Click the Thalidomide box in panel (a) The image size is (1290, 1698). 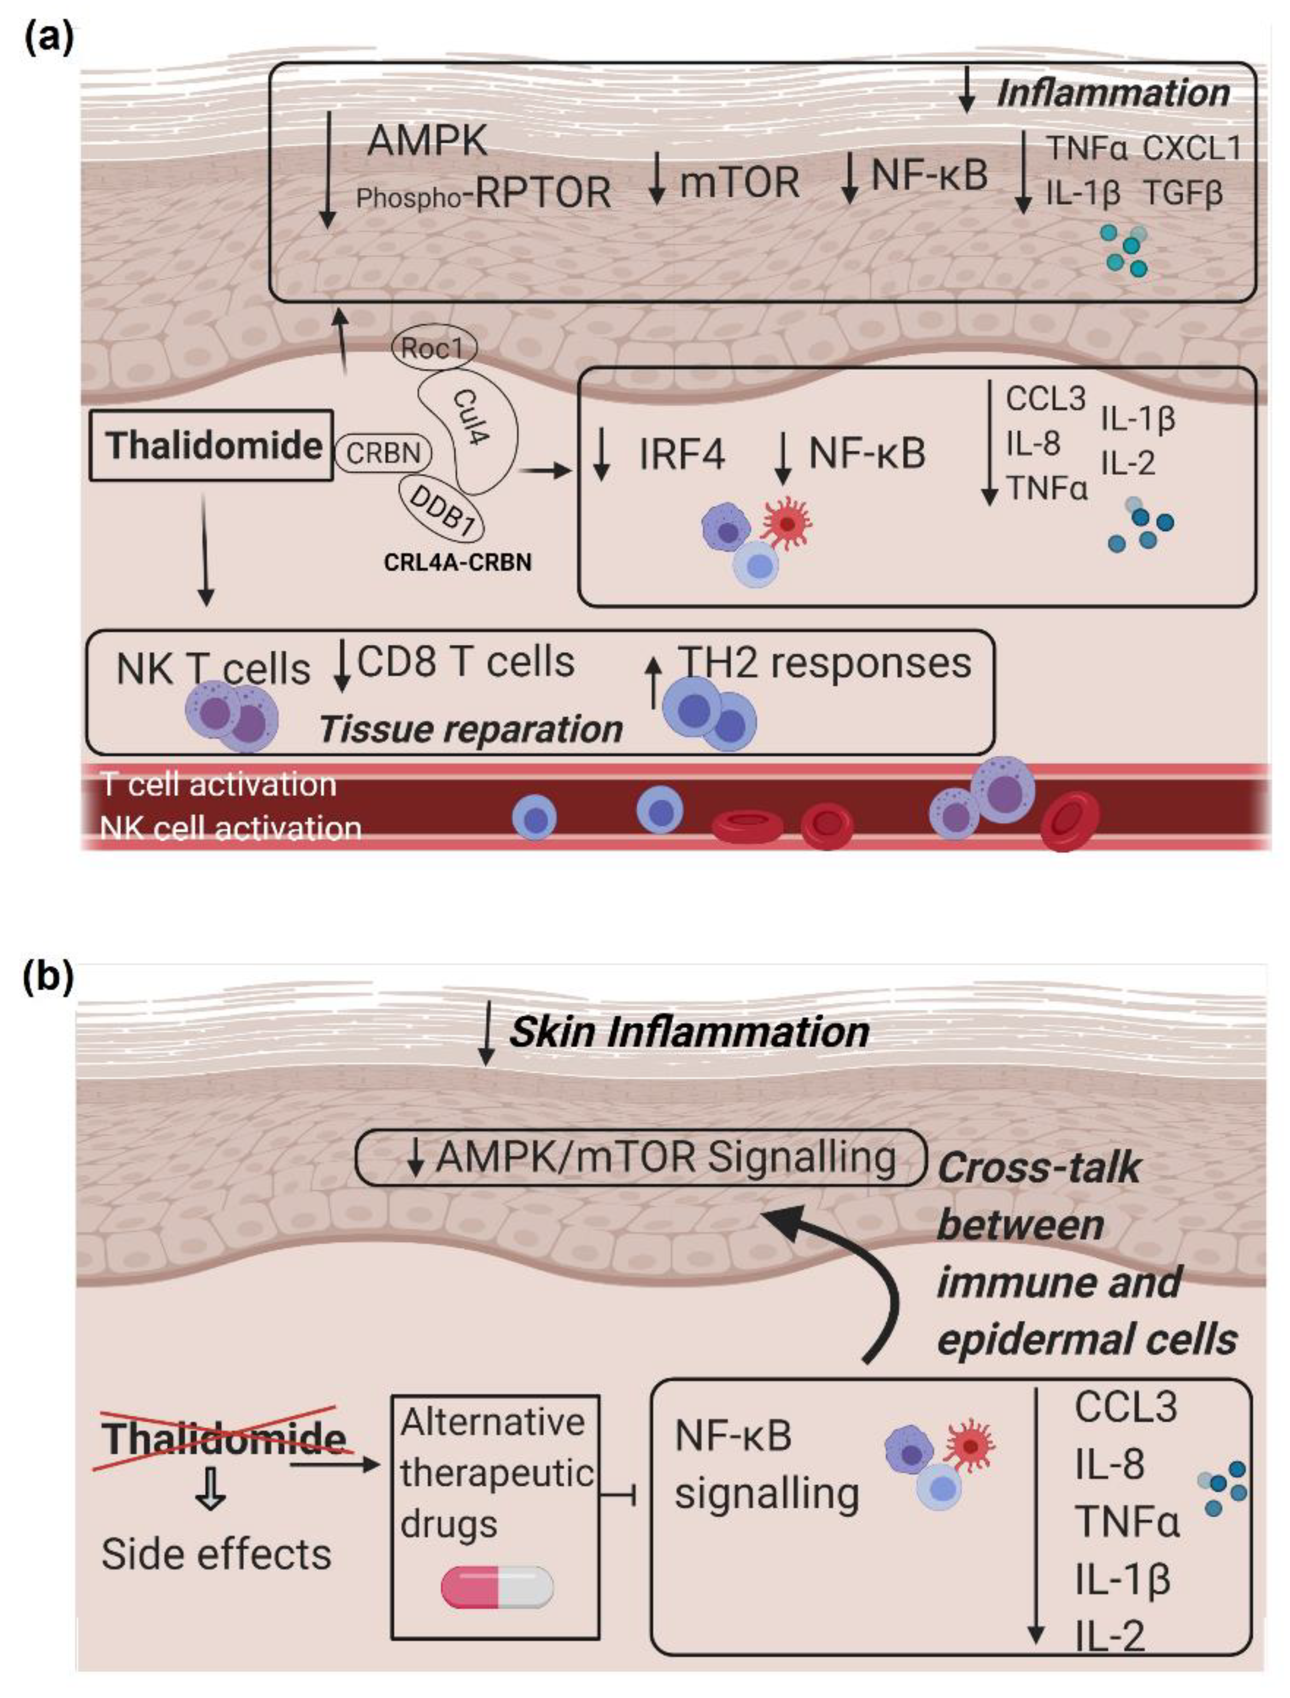pyautogui.click(x=212, y=445)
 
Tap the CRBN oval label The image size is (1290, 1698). pyautogui.click(x=382, y=453)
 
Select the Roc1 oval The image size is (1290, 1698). pyautogui.click(x=434, y=348)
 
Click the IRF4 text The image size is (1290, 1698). pyautogui.click(x=682, y=455)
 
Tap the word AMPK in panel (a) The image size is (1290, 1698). pyautogui.click(x=427, y=140)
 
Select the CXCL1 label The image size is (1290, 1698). pyautogui.click(x=1192, y=148)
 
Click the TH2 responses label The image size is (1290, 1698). pyautogui.click(x=823, y=662)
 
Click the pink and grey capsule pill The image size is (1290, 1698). pyautogui.click(x=497, y=1588)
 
